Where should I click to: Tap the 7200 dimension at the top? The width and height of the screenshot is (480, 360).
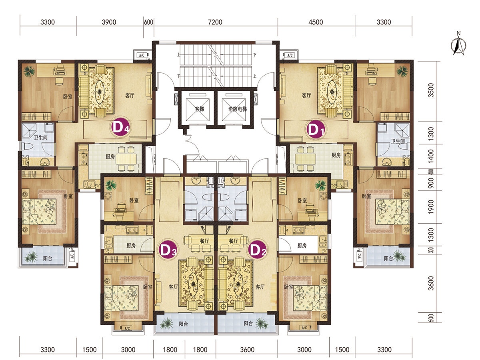pyautogui.click(x=215, y=22)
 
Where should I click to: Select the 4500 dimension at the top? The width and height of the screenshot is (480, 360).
pyautogui.click(x=316, y=22)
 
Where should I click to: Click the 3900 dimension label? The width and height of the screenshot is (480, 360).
pyautogui.click(x=109, y=22)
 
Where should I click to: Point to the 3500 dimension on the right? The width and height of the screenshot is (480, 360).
pyautogui.click(x=430, y=90)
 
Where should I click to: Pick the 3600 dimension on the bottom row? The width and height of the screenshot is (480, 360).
pyautogui.click(x=247, y=350)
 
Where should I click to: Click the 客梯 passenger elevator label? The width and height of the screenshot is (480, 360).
pyautogui.click(x=199, y=109)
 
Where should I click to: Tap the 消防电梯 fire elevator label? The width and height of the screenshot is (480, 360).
pyautogui.click(x=238, y=109)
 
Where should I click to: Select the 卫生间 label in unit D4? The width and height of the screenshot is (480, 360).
pyautogui.click(x=41, y=138)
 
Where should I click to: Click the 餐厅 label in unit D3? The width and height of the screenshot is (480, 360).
pyautogui.click(x=204, y=241)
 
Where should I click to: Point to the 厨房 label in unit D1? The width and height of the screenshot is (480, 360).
pyautogui.click(x=336, y=155)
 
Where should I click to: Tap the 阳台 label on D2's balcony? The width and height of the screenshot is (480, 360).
pyautogui.click(x=248, y=323)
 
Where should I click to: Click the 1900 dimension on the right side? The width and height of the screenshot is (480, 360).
pyautogui.click(x=430, y=206)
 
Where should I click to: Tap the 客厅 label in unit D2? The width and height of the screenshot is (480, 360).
pyautogui.click(x=260, y=286)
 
